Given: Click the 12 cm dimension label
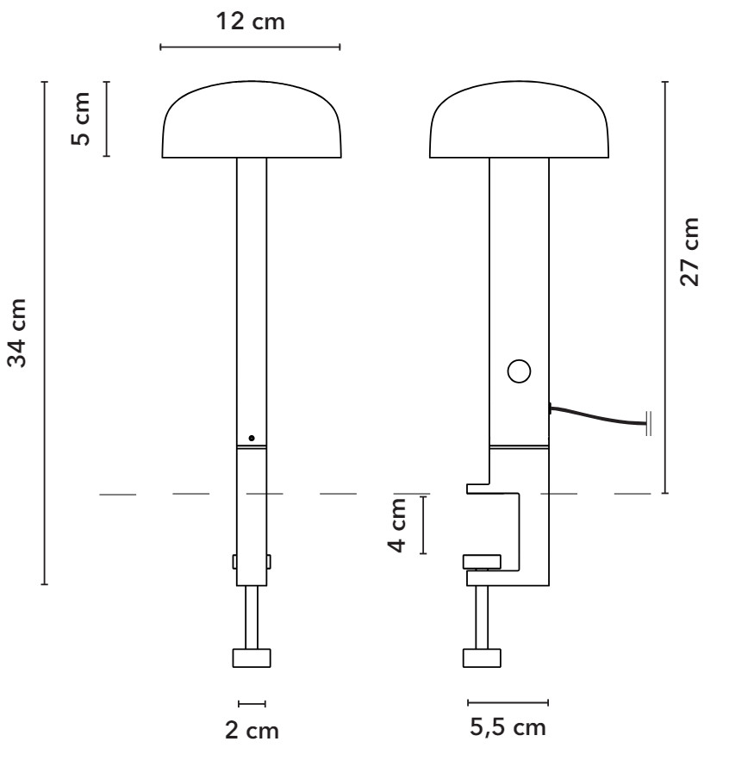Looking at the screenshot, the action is (x=251, y=22).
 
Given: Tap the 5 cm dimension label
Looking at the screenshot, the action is (x=81, y=119).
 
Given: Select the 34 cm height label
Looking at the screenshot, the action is (x=17, y=333).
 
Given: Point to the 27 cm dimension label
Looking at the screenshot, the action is (x=689, y=252).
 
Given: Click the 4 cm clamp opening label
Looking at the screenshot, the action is (x=397, y=525).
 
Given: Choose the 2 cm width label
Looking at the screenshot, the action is (x=252, y=731).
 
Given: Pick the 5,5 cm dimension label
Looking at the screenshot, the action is (x=508, y=728).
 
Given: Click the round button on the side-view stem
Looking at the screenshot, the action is (x=519, y=371).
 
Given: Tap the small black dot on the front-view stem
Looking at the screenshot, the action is (x=252, y=438).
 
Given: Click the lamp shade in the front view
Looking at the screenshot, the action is (x=252, y=120).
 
